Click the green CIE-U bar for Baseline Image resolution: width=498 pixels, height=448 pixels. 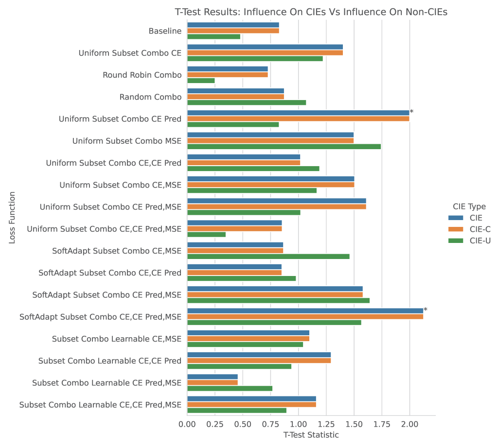pos(213,36)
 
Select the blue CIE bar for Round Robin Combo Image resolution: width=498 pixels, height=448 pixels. pos(227,69)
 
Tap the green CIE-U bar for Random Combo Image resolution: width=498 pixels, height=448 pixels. pos(247,103)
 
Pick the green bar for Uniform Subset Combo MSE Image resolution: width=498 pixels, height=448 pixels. pos(284,146)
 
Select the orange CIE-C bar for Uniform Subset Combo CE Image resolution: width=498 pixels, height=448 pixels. pos(265,52)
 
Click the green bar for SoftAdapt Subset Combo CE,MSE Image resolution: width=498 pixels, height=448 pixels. pos(268,256)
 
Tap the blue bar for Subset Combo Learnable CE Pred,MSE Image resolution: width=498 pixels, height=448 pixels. pos(212,377)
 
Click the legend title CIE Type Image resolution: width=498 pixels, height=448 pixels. pos(469,207)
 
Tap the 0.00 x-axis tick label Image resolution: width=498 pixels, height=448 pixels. pos(187,425)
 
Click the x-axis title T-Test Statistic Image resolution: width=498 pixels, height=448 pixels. pos(311,435)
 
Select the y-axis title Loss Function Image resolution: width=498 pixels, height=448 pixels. pos(13,218)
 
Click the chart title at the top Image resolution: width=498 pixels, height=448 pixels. pos(311,12)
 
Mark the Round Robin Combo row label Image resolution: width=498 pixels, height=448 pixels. pos(142,75)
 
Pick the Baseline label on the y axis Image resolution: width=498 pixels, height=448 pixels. pos(165,31)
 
